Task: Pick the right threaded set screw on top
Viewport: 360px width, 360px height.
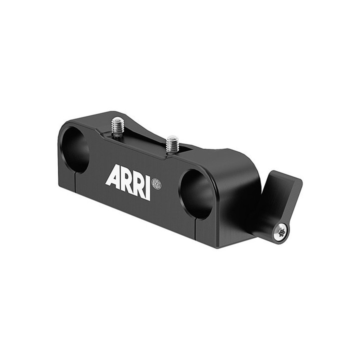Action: point(172,144)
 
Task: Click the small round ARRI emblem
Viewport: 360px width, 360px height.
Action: point(157,184)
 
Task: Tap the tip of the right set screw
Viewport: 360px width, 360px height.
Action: point(172,138)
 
